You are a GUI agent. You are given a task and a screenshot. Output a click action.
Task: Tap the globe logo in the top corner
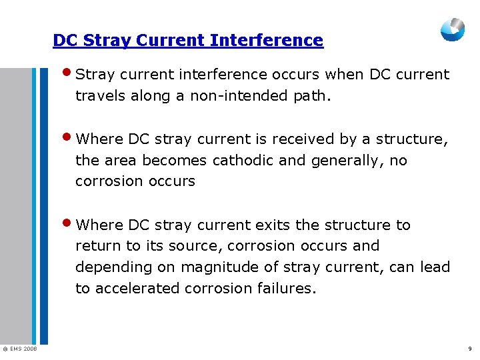(453, 29)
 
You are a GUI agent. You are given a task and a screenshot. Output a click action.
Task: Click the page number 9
(470, 349)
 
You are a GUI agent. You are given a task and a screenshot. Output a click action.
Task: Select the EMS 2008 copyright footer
(19, 349)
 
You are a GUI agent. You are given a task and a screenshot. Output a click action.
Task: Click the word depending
(105, 267)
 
